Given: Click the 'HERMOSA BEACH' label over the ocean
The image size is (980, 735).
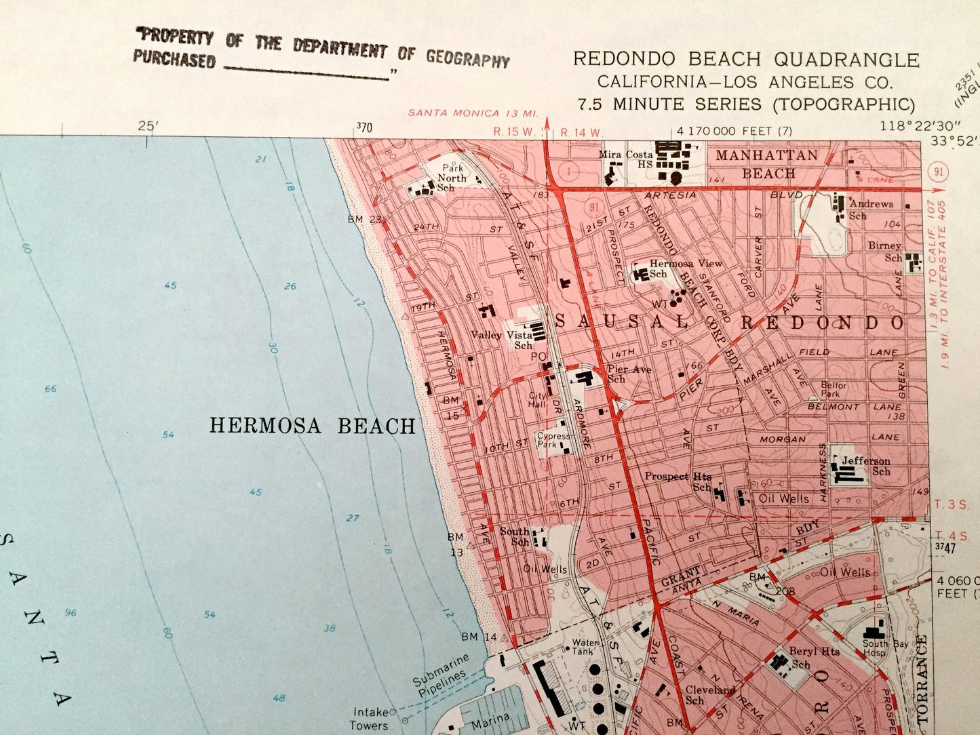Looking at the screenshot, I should click(x=312, y=426).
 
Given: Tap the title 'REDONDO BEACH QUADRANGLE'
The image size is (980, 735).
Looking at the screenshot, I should click(x=745, y=60).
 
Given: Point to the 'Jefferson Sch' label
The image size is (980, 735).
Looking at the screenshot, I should click(x=866, y=466).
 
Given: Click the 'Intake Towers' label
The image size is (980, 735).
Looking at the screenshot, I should click(x=370, y=718).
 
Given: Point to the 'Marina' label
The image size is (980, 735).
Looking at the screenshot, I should click(x=490, y=719).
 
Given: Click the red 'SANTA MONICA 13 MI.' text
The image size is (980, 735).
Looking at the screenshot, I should click(x=473, y=113).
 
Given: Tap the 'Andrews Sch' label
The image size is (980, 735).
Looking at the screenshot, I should click(x=869, y=209).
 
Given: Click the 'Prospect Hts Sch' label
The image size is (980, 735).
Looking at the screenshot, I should click(x=678, y=481).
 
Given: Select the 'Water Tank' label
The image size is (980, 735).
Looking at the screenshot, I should click(x=585, y=646).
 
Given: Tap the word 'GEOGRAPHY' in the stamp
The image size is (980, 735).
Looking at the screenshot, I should click(x=467, y=59).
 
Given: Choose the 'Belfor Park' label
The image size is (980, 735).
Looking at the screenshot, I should click(x=834, y=389).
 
